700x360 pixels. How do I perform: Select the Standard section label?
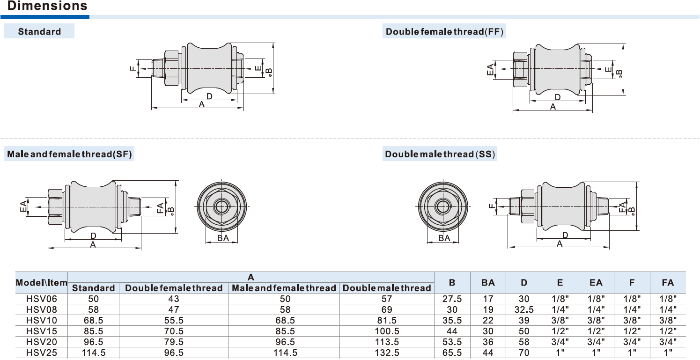[x=39, y=32]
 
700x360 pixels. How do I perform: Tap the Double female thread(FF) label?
[x=444, y=32]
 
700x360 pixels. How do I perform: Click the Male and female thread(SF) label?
[x=70, y=154]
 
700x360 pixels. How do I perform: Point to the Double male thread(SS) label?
[x=440, y=154]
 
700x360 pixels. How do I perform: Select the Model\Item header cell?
[x=41, y=283]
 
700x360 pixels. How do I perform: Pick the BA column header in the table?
[x=488, y=283]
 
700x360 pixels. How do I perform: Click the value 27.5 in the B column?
[x=452, y=298]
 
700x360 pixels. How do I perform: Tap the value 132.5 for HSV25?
[x=387, y=353]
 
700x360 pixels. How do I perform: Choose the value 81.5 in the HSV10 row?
[x=387, y=321]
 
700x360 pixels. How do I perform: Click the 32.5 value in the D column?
[x=523, y=309]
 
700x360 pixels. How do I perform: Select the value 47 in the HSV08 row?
[x=173, y=309]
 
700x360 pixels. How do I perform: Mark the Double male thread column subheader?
[x=387, y=288]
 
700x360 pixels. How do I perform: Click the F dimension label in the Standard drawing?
[x=133, y=69]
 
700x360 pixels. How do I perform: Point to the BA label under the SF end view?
[x=223, y=238]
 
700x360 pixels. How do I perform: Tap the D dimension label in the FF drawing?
[x=557, y=97]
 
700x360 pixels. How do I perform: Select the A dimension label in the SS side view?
[x=559, y=243]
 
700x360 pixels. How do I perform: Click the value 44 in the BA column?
[x=488, y=353]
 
